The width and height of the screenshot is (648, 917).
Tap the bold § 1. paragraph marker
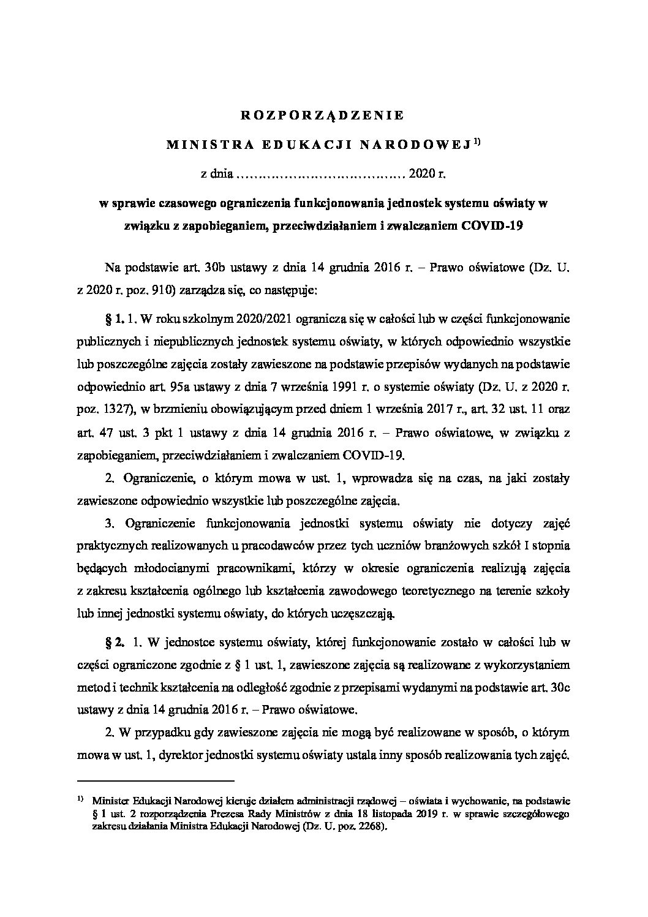click(x=115, y=319)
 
